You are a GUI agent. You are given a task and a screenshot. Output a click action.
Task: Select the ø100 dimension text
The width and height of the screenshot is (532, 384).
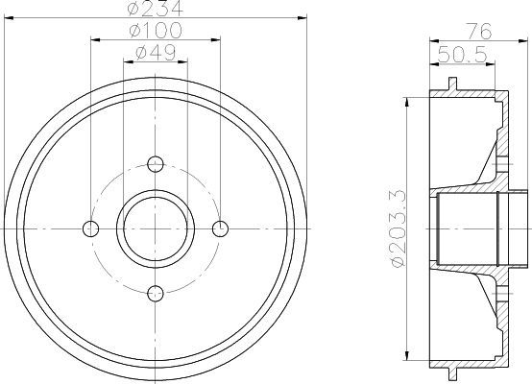point(156,30)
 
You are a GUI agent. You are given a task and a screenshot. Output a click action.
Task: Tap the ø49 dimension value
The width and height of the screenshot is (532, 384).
point(156,53)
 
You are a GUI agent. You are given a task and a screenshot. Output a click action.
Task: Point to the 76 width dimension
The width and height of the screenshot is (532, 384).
point(479,32)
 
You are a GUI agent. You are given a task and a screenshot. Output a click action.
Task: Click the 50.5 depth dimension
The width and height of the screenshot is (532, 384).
point(462,55)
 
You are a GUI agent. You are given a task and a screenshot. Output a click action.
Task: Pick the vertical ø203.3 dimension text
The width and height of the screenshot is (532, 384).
point(398,229)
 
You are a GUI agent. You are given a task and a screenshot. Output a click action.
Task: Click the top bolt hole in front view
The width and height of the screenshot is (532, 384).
point(156,164)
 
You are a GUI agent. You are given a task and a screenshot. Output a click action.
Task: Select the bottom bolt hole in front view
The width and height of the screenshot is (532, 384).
point(156,294)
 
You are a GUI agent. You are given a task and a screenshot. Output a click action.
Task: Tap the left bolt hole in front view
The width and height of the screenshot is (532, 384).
point(90,228)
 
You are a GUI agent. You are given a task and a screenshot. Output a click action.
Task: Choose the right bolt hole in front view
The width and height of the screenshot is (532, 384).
point(220,228)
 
